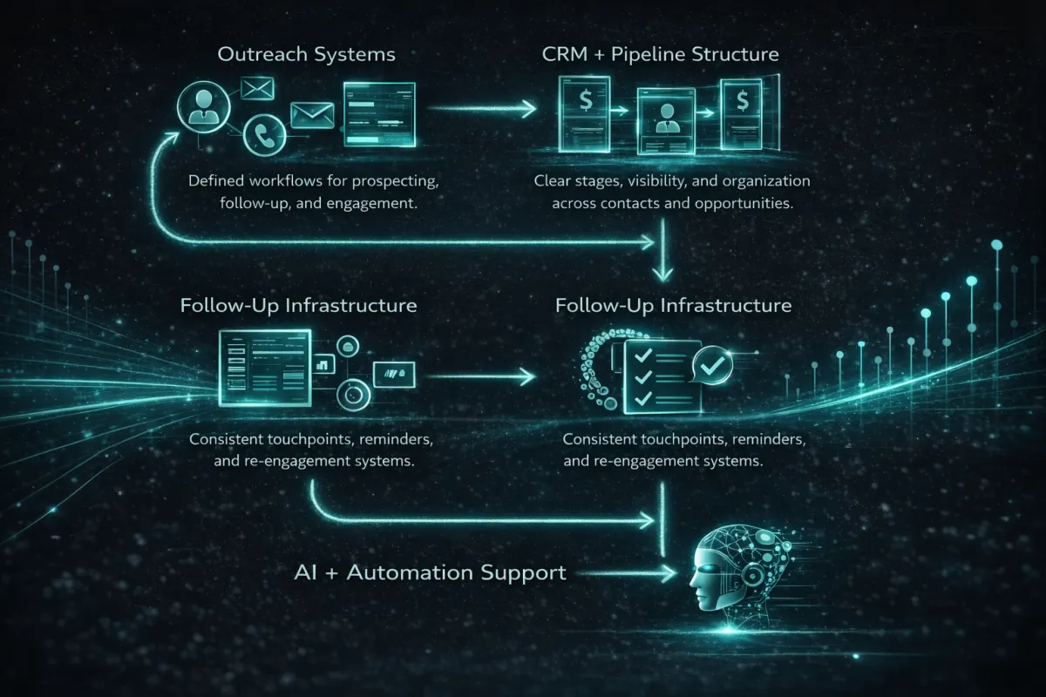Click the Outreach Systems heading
[x=306, y=55]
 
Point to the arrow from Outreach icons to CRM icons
[x=485, y=109]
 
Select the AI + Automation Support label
[x=429, y=573]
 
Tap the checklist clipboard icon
[x=655, y=377]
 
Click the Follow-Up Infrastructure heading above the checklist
[x=673, y=306]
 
